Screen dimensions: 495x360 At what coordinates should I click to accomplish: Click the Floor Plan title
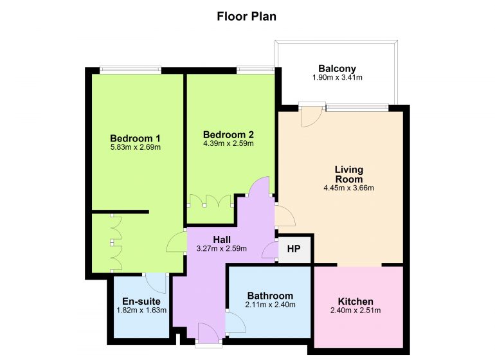tap(247, 17)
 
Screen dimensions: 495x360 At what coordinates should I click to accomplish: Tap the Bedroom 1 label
tap(135, 138)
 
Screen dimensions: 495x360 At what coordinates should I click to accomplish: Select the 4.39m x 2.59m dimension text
tap(228, 144)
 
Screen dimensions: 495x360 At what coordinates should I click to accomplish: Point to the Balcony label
tap(337, 69)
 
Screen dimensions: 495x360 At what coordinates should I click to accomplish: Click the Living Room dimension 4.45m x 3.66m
tap(349, 188)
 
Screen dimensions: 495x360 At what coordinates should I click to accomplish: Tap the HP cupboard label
tap(294, 249)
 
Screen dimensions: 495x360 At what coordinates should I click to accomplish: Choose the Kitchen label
tap(355, 301)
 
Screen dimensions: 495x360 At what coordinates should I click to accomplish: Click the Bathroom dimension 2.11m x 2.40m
tap(270, 305)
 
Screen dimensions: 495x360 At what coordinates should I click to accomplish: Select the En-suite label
tap(141, 301)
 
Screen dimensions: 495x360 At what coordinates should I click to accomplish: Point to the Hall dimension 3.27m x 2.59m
tap(222, 249)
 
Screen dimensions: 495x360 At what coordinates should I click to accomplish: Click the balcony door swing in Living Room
tap(311, 116)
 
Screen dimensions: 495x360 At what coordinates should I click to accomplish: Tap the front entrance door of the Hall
tap(208, 333)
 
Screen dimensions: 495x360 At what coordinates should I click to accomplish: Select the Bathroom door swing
tap(236, 322)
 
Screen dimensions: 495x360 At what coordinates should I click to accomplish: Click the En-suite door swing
tap(157, 283)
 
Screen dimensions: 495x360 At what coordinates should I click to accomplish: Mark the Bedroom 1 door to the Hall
tap(176, 242)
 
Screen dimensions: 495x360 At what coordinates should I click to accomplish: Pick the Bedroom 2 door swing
tap(259, 186)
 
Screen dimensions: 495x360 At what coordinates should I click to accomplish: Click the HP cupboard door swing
tap(269, 251)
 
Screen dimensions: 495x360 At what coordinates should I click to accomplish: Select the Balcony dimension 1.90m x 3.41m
tap(337, 78)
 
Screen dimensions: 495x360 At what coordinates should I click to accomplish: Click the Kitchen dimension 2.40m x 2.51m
tap(355, 310)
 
